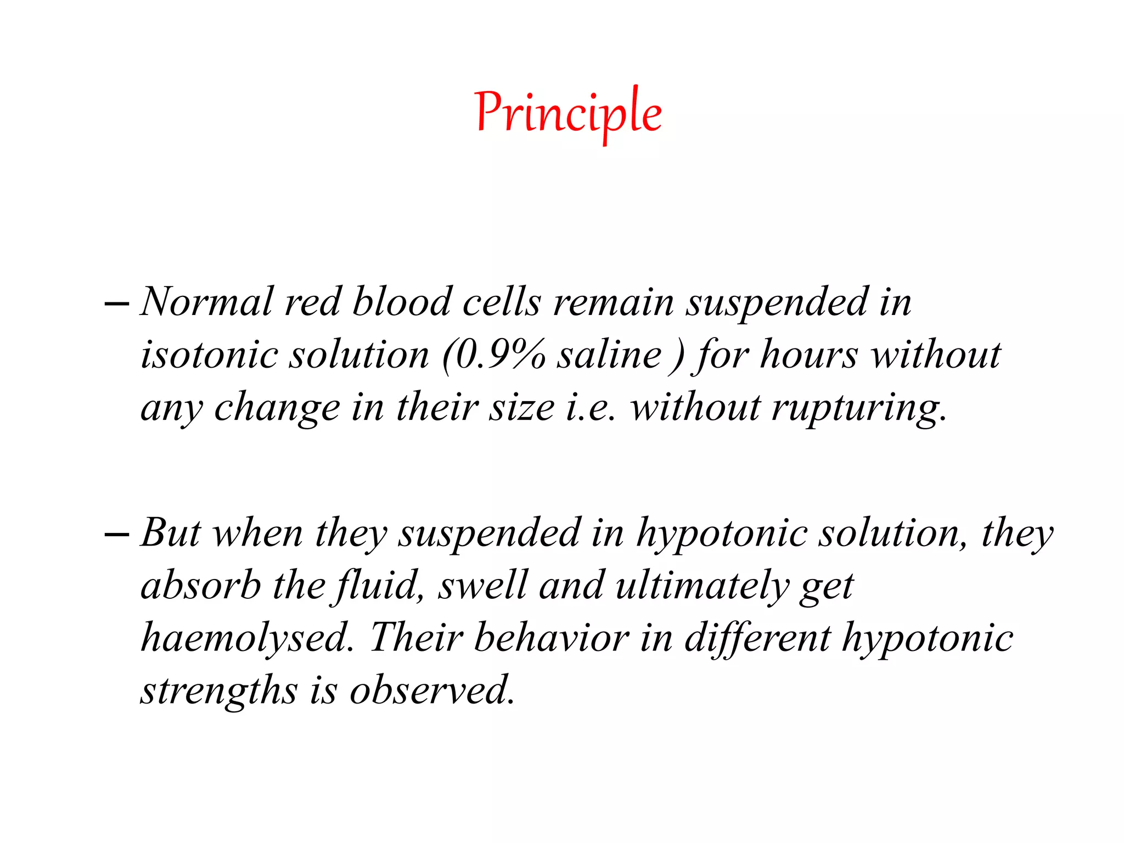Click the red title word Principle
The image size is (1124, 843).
[x=569, y=113]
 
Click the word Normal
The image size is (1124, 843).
[x=207, y=302]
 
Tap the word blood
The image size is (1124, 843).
[x=401, y=302]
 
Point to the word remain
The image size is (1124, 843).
[x=613, y=303]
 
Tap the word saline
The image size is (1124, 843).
[x=609, y=355]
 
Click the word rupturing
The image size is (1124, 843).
[x=858, y=408]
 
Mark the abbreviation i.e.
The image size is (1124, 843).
[x=591, y=408]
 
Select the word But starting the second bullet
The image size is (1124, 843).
[x=171, y=532]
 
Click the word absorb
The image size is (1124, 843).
[x=201, y=585]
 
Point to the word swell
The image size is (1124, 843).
[x=483, y=585]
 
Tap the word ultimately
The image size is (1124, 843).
[x=701, y=586]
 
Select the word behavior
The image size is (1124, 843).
[x=552, y=638]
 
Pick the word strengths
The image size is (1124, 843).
[x=219, y=690]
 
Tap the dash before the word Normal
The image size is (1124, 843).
[x=117, y=303]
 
